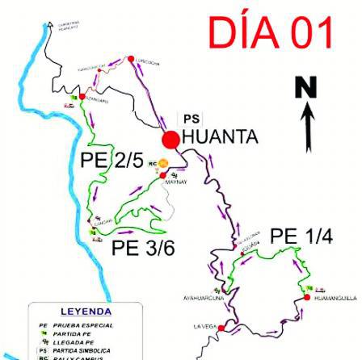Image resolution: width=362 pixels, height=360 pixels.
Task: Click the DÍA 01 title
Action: tap(270, 33)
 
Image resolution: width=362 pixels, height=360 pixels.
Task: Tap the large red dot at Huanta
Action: tap(170, 140)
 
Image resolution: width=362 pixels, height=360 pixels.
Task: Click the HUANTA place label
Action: tap(220, 137)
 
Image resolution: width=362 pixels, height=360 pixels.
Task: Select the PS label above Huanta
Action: tap(191, 119)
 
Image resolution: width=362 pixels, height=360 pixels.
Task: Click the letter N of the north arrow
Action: tap(305, 89)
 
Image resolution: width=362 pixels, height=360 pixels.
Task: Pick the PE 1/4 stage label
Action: tap(301, 237)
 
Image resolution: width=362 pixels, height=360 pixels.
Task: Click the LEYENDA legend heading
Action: tap(86, 312)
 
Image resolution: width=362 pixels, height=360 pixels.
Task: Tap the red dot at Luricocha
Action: tap(130, 57)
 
